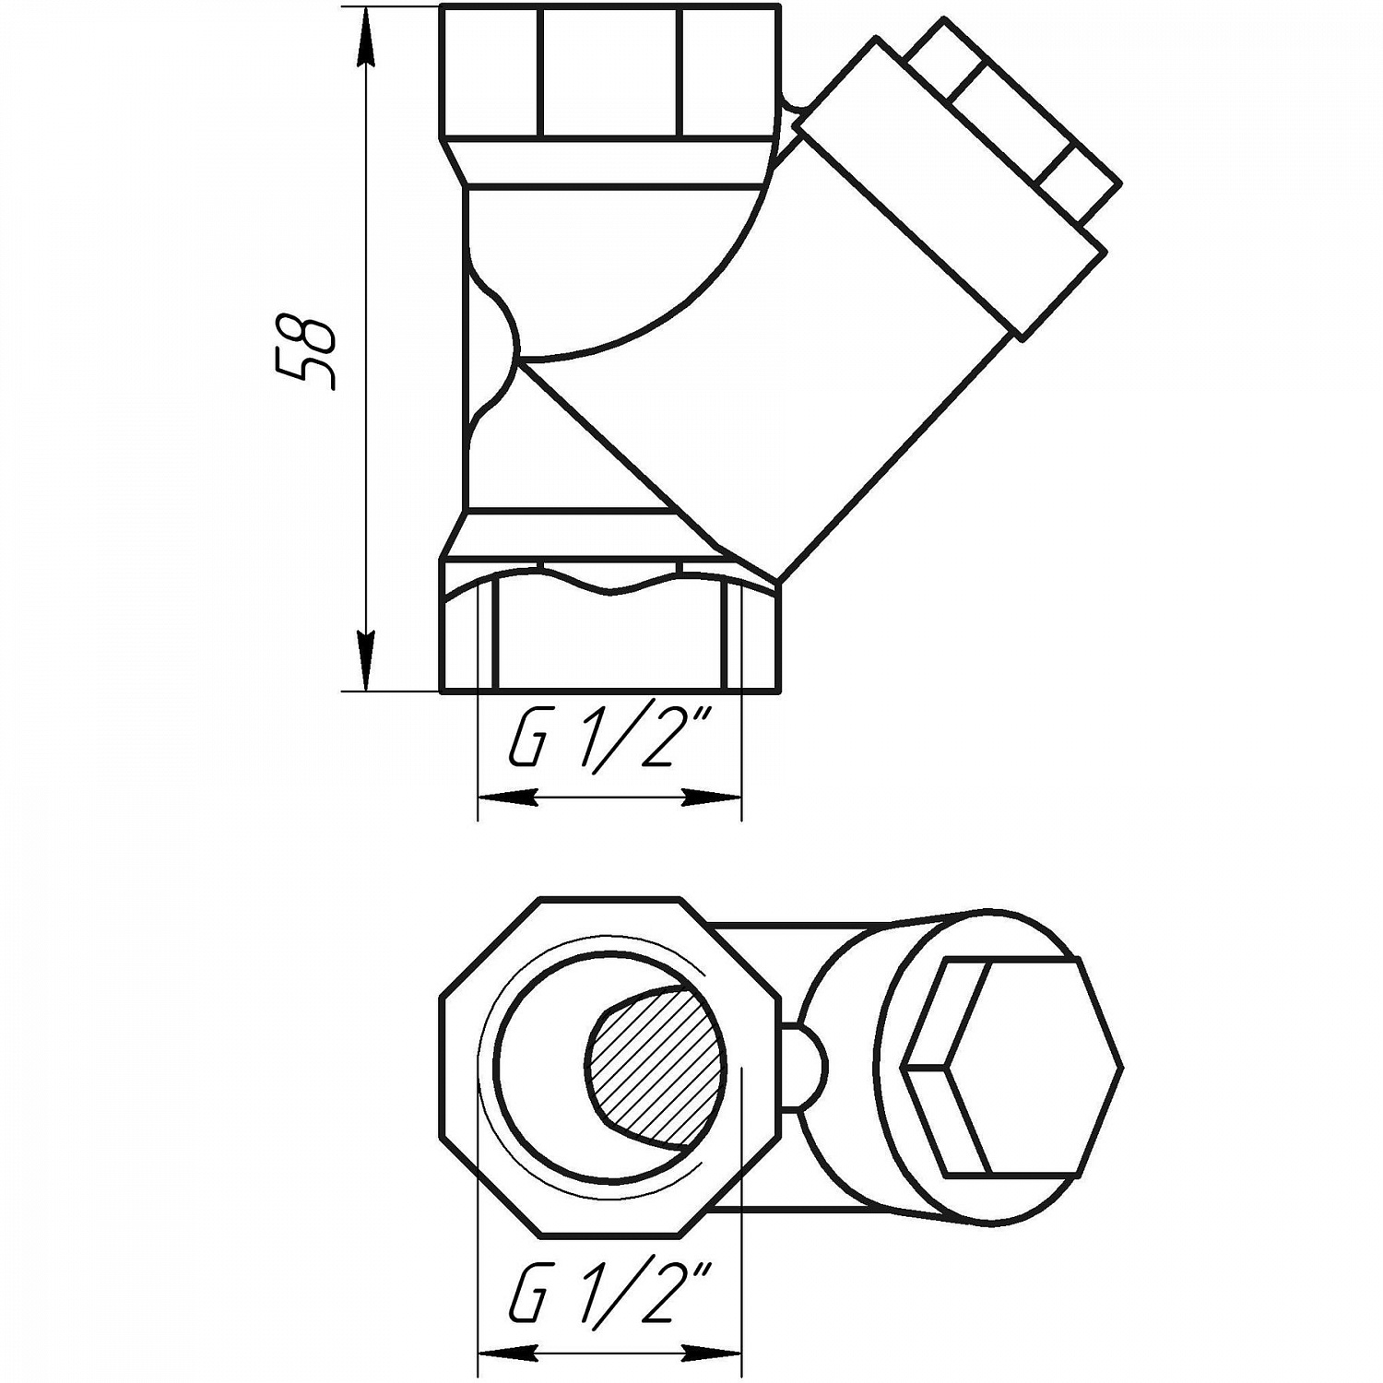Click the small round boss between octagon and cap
tap(806, 1067)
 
